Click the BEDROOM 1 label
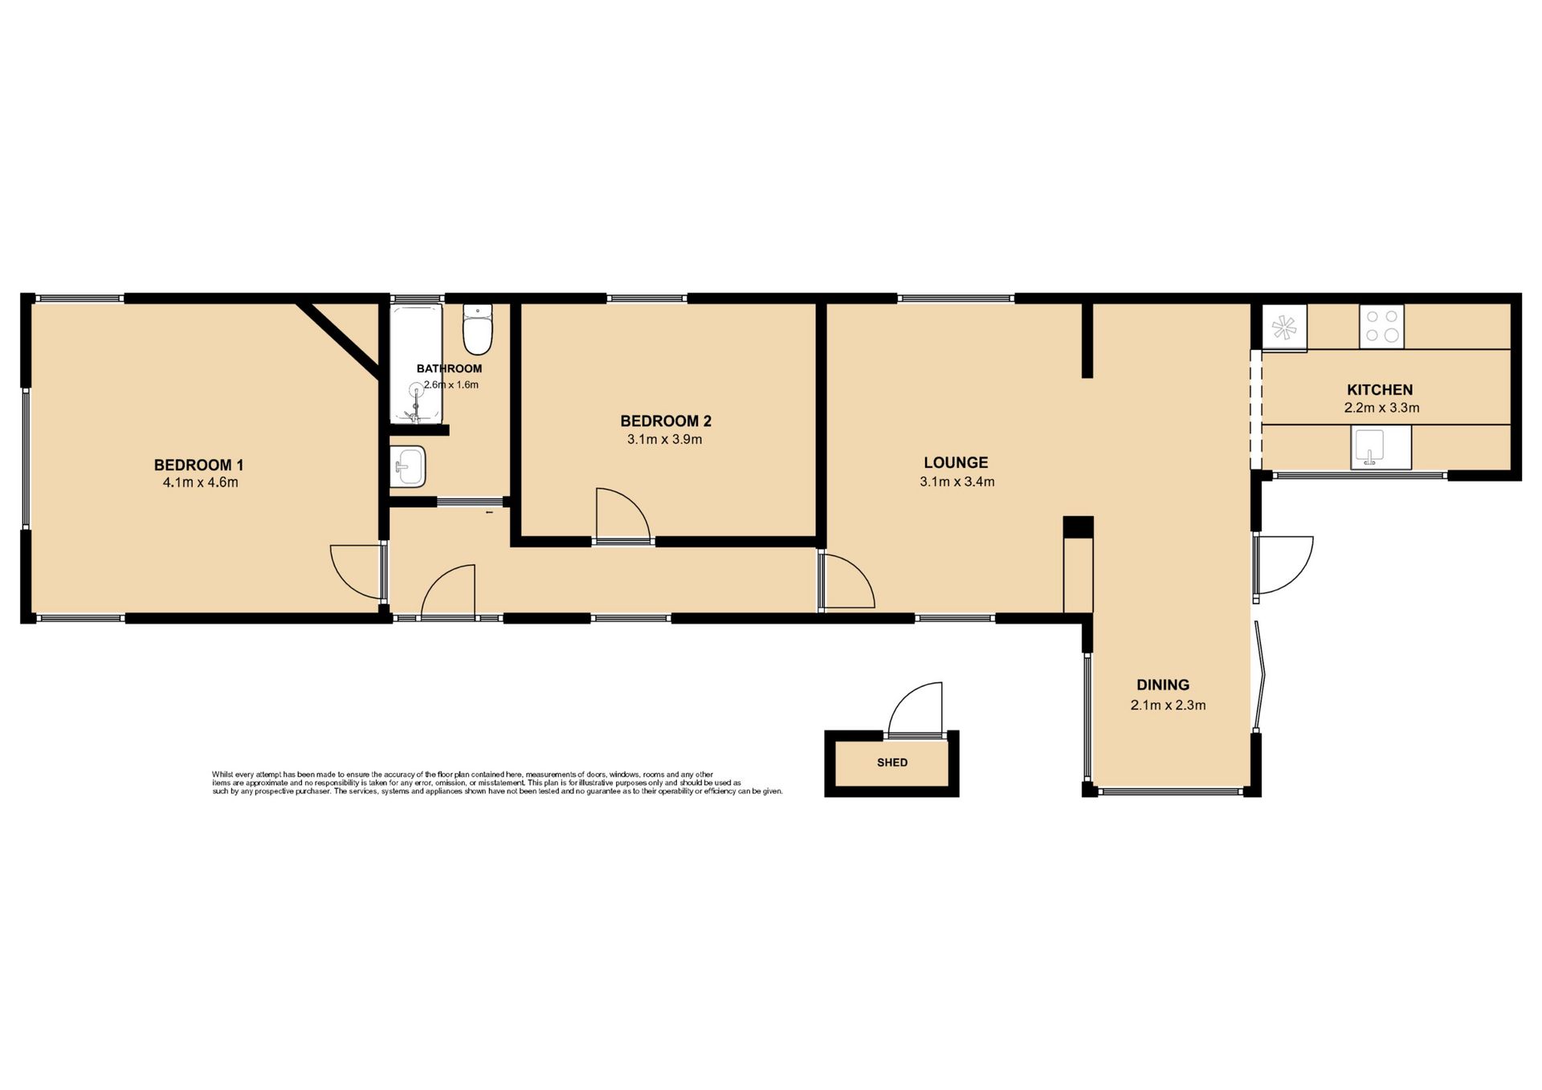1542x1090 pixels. click(198, 465)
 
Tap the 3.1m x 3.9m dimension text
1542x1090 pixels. click(665, 440)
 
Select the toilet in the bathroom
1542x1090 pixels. click(478, 329)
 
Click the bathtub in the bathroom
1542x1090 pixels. click(416, 364)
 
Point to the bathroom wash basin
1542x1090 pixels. click(408, 466)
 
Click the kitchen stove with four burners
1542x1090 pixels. click(1381, 326)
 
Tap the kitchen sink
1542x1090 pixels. click(1381, 447)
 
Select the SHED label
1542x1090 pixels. click(892, 763)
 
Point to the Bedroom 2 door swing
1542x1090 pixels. click(623, 514)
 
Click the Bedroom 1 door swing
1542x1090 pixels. click(357, 572)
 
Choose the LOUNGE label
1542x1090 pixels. click(956, 462)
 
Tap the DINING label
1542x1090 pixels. click(1163, 685)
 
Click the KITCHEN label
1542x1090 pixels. click(1380, 390)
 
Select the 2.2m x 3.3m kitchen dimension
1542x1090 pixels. click(1381, 408)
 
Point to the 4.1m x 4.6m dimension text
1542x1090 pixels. click(200, 482)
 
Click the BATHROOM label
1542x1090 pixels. click(449, 368)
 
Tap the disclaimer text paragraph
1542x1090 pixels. click(497, 783)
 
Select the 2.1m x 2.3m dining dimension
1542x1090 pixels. click(1168, 706)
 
